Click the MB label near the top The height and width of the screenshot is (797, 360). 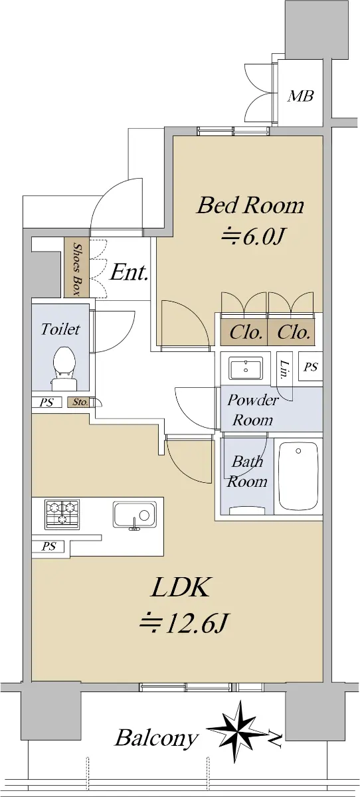[301, 96]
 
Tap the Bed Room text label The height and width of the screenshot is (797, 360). [250, 206]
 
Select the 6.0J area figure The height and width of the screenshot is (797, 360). [252, 236]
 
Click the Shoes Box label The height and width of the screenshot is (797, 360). [76, 269]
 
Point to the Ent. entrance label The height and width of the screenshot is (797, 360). [129, 273]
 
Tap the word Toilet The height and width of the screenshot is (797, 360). [60, 329]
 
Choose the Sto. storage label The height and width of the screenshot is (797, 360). [80, 402]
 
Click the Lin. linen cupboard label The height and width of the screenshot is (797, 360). [284, 370]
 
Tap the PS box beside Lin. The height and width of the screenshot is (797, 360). [311, 367]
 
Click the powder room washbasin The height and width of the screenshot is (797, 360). [246, 369]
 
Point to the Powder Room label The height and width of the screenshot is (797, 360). [253, 410]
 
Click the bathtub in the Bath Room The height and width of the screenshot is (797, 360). [298, 476]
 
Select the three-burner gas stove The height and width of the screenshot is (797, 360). [62, 514]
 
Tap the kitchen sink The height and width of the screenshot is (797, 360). [135, 515]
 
